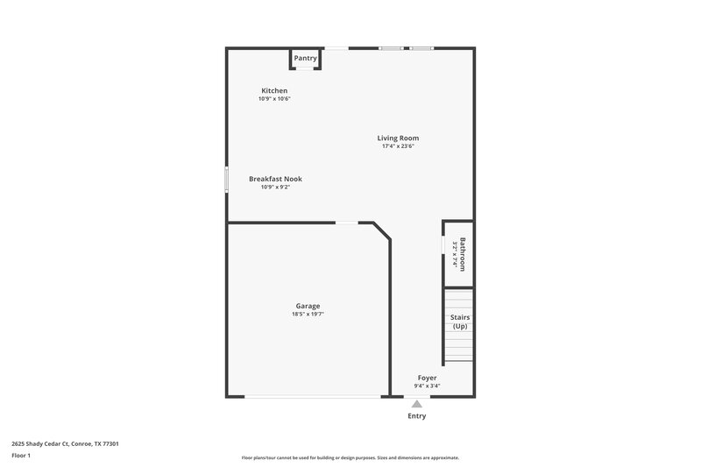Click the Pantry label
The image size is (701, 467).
306,59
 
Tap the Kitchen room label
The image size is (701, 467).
274,91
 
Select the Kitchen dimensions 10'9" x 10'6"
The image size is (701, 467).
274,99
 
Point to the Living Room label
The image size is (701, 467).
398,138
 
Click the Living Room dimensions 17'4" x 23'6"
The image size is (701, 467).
398,146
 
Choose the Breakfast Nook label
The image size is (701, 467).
275,179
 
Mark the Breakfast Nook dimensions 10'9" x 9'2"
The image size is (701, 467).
275,187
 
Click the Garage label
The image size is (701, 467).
308,306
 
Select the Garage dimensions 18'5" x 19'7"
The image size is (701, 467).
308,314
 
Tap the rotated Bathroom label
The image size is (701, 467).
463,254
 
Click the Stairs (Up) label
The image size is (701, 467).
460,322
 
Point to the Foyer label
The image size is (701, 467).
427,378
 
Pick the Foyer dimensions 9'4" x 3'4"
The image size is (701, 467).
427,386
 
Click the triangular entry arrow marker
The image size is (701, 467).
417,404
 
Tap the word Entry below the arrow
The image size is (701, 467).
417,416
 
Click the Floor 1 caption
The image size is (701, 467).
21,456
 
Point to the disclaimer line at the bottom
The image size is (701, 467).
350,457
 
